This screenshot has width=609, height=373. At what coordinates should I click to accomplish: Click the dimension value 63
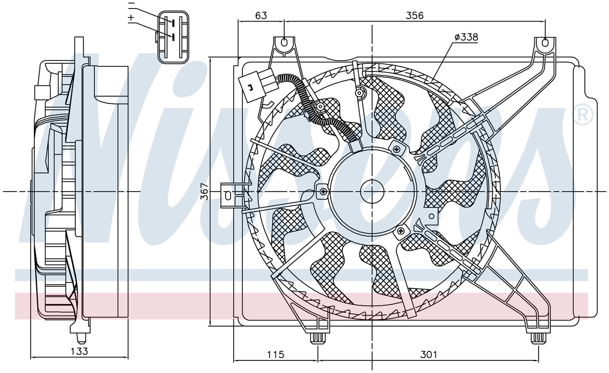tap(261, 15)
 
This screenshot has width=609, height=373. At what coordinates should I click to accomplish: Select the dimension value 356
tap(414, 15)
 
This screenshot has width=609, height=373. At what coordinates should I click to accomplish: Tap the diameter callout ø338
tap(466, 37)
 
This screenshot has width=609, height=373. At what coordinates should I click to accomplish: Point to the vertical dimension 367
tap(204, 192)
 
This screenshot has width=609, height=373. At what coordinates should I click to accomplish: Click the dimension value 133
tap(79, 351)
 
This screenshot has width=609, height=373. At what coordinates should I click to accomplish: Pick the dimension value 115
tap(276, 354)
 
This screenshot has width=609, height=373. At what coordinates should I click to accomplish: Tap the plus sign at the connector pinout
tap(131, 17)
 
